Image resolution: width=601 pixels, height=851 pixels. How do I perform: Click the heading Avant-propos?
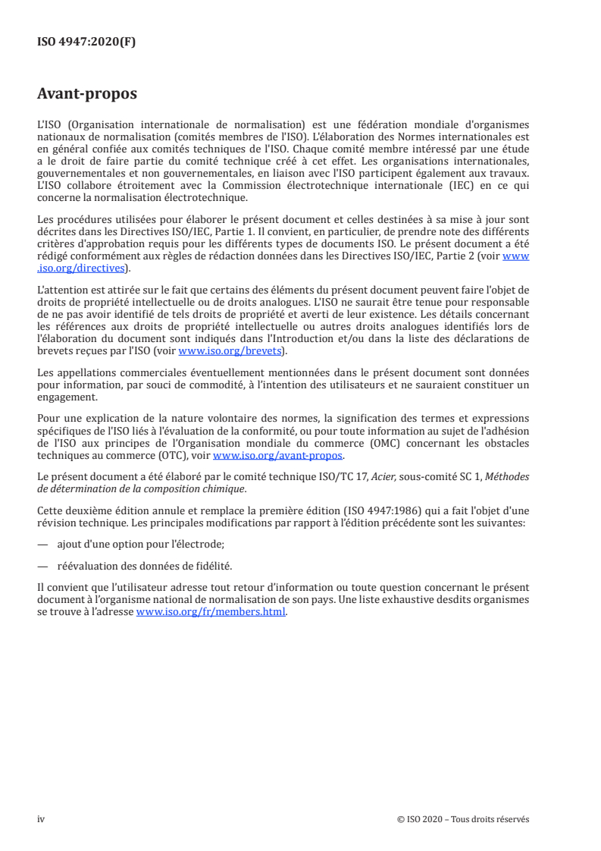coord(87,95)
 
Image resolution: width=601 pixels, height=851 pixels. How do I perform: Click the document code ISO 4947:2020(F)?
coord(86,42)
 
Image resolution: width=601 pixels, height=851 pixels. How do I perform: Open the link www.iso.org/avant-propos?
coord(277,456)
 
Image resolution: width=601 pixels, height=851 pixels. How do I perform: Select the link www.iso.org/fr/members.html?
coord(211,613)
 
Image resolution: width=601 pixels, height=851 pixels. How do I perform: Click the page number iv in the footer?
coord(42,819)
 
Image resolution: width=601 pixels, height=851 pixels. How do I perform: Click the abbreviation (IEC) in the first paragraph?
coord(506,187)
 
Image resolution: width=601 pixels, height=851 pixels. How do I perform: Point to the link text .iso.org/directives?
coord(83,268)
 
